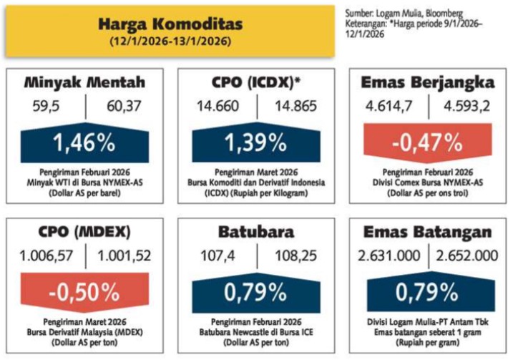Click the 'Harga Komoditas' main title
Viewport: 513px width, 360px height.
pyautogui.click(x=170, y=24)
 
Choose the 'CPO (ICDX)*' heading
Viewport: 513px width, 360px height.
pyautogui.click(x=255, y=82)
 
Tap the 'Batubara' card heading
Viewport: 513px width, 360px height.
pyautogui.click(x=255, y=233)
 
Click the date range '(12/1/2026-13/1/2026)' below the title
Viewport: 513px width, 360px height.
pyautogui.click(x=170, y=42)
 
